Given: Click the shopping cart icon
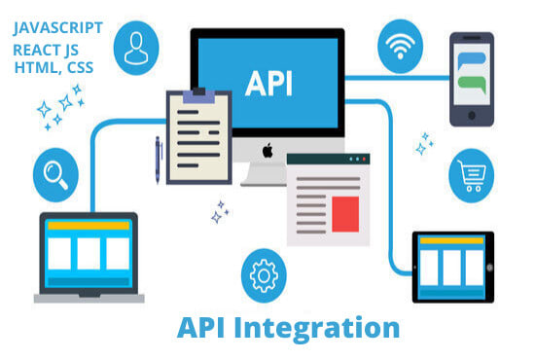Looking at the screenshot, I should point(473,175).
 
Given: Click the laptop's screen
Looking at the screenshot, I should point(89,253).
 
